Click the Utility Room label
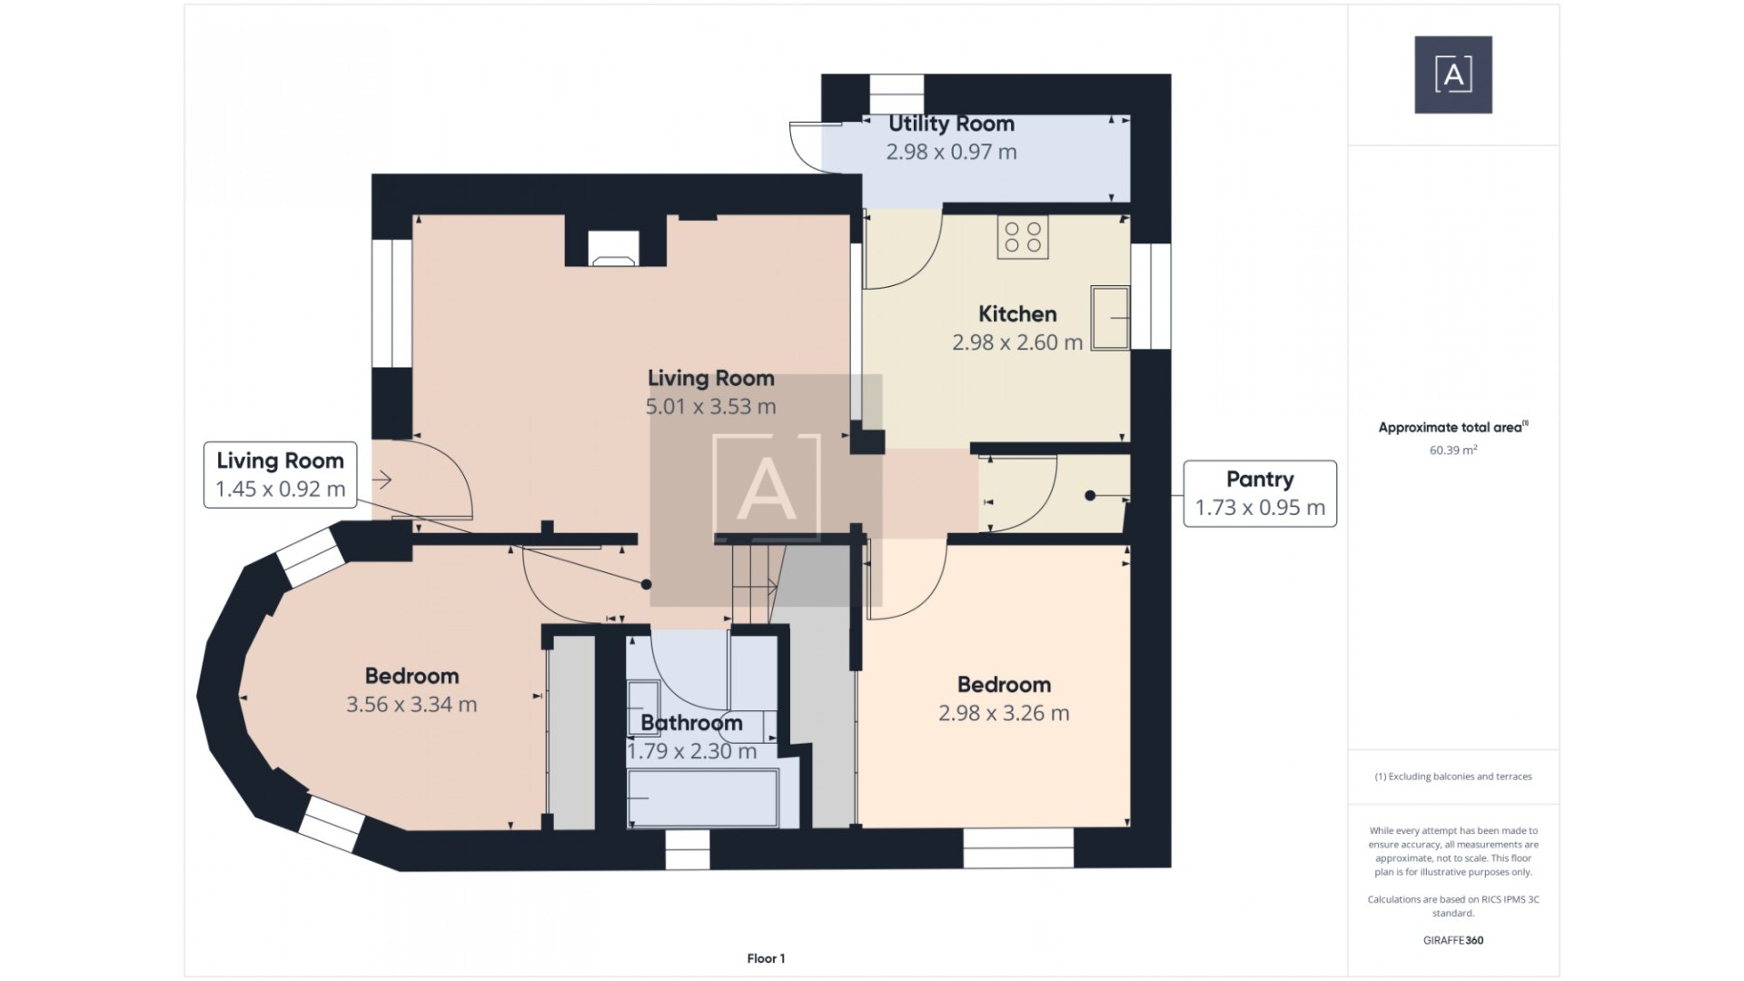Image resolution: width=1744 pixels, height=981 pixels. pyautogui.click(x=951, y=124)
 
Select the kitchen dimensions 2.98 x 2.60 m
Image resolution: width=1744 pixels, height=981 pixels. pyautogui.click(x=1016, y=342)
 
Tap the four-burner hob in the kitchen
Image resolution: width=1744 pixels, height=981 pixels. pyautogui.click(x=1023, y=237)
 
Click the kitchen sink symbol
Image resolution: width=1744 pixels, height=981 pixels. pyautogui.click(x=1109, y=318)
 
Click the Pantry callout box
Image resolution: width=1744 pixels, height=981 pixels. pyautogui.click(x=1259, y=493)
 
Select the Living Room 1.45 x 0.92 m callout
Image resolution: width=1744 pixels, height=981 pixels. pyautogui.click(x=280, y=474)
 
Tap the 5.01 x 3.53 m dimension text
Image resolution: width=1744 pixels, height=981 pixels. pyautogui.click(x=710, y=407)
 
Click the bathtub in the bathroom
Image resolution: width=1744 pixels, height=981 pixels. pyautogui.click(x=703, y=798)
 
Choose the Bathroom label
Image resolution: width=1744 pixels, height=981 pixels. pyautogui.click(x=691, y=723)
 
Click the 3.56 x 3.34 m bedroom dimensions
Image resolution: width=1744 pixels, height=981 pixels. pyautogui.click(x=411, y=705)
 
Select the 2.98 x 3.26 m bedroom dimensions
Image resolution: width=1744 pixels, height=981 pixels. pyautogui.click(x=1004, y=713)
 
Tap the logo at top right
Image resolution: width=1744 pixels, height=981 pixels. pyautogui.click(x=1452, y=74)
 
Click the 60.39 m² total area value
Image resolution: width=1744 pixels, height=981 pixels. pyautogui.click(x=1452, y=451)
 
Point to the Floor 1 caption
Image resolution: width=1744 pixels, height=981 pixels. pyautogui.click(x=766, y=958)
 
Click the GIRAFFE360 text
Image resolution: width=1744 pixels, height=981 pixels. pyautogui.click(x=1452, y=940)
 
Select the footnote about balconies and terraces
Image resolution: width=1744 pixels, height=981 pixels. pyautogui.click(x=1452, y=777)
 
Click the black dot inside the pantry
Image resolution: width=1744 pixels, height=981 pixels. pyautogui.click(x=1090, y=496)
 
